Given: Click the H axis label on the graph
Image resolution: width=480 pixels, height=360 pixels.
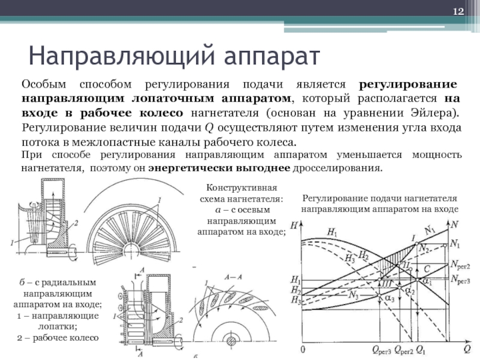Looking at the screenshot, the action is (293, 226).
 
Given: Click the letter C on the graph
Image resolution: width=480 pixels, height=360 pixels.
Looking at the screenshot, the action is (427, 268).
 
